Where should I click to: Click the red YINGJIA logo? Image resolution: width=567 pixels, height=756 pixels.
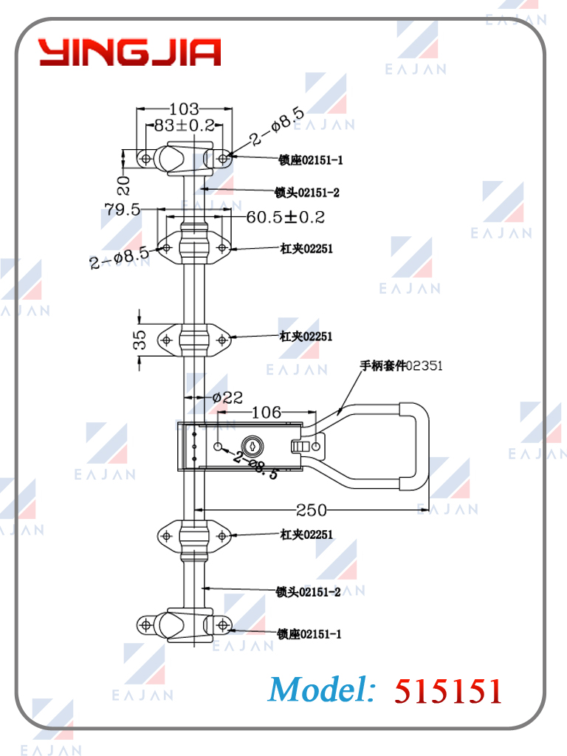pos(130,52)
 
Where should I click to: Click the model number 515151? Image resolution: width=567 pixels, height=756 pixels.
pos(448,690)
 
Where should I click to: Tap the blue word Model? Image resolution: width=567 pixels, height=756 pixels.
pos(322,690)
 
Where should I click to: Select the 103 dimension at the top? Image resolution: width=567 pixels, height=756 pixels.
pos(184,109)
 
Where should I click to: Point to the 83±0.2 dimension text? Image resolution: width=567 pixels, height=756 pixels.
pos(185,126)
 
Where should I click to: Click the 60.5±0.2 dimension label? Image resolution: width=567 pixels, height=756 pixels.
pos(286,217)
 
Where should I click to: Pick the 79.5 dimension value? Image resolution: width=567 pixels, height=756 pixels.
pos(123,210)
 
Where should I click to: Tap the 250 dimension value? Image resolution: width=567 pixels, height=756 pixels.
pos(311,510)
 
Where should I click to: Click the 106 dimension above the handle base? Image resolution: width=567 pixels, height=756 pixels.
pos(267,412)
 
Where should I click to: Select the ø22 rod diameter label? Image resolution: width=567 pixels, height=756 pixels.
pos(227,398)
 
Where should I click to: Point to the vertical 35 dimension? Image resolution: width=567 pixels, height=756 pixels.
pos(140,340)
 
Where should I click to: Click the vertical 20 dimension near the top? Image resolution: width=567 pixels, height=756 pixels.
pos(124,185)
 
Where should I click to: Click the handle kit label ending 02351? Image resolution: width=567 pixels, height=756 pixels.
pos(401,366)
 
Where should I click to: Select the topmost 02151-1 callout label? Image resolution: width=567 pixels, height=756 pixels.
pos(311,160)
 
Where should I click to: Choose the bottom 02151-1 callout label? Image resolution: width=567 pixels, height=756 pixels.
pos(309,634)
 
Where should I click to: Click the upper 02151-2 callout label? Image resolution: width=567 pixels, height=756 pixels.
pos(307,193)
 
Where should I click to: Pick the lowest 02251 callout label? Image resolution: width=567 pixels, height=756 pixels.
pos(306,535)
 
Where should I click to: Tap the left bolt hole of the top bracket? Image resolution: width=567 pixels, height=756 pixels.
pos(145,158)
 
